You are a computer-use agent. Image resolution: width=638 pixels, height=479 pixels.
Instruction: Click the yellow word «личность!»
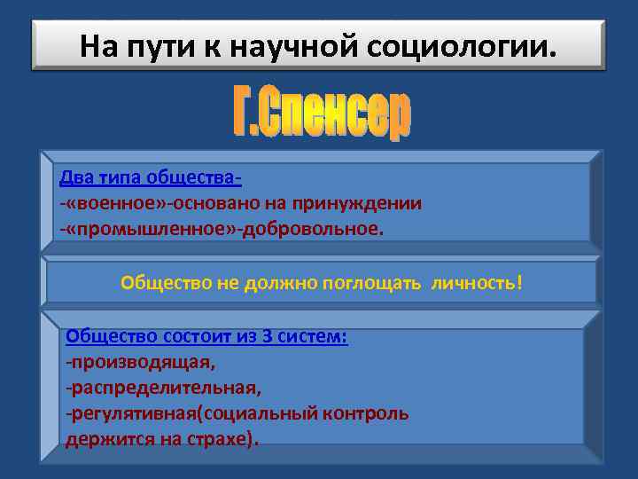[477, 283]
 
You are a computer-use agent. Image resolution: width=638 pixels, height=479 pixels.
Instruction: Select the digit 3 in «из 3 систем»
[267, 336]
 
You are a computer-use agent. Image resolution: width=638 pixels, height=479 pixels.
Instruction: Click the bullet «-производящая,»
[140, 362]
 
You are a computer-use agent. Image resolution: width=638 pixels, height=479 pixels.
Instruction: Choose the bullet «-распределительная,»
[163, 388]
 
